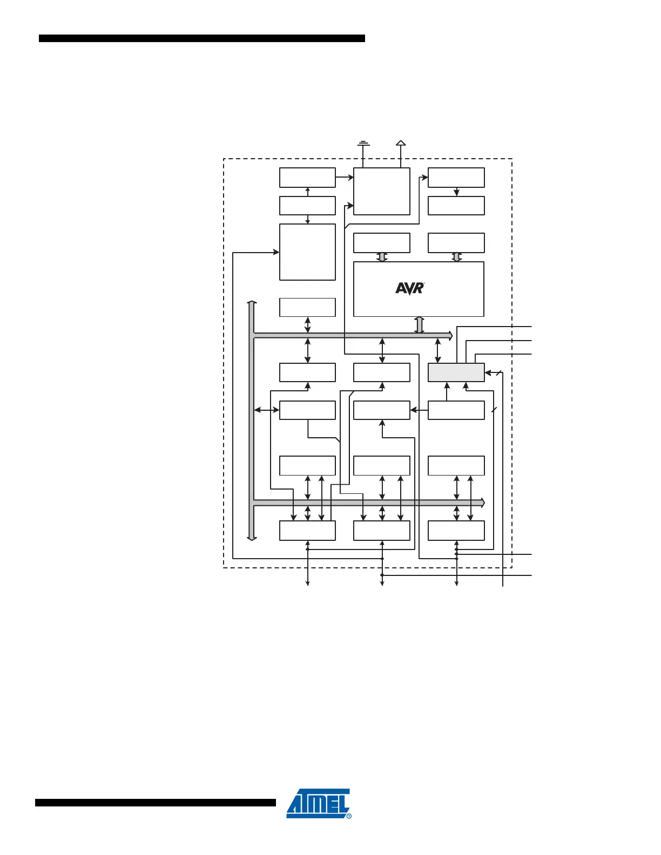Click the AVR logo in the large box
tap(410, 288)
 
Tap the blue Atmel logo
tap(319, 803)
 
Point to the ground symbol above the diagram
tap(363, 144)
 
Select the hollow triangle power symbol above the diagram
tap(401, 143)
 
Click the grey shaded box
tap(456, 372)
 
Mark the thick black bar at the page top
tap(201, 38)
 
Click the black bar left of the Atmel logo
tap(156, 803)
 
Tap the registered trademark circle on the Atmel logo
tap(348, 816)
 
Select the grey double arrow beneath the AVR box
tap(419, 324)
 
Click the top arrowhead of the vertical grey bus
tap(252, 303)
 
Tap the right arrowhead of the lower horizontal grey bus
tap(482, 503)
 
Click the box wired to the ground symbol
tap(381, 191)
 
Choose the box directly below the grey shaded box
tap(456, 410)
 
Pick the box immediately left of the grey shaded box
tap(381, 372)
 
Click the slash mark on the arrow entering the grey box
tap(498, 372)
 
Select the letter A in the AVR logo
tap(401, 288)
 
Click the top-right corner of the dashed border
tap(511, 159)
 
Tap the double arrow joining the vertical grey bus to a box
tap(266, 410)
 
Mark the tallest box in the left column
tap(307, 252)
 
